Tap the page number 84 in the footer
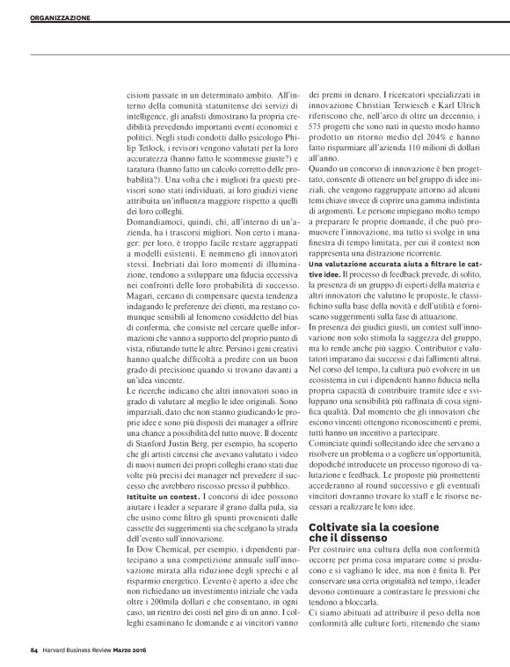[x=33, y=649]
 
